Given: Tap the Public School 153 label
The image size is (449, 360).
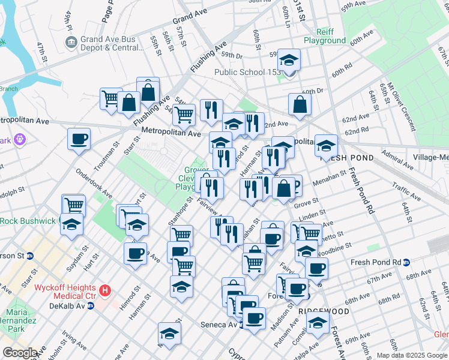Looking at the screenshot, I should pyautogui.click(x=248, y=72).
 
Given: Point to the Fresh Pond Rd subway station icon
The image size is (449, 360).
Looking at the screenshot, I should pyautogui.click(x=406, y=262).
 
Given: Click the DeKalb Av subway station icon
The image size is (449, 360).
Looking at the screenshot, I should pyautogui.click(x=91, y=305).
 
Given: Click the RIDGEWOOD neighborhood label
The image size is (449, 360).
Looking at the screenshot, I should pyautogui.click(x=324, y=312).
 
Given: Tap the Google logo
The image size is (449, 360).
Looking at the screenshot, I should pyautogui.click(x=20, y=353).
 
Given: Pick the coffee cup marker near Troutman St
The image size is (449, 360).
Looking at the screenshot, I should pyautogui.click(x=79, y=140).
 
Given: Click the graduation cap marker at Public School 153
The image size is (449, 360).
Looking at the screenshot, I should pyautogui.click(x=290, y=60).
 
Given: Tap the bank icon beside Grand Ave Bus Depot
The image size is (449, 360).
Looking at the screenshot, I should pyautogui.click(x=71, y=43).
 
